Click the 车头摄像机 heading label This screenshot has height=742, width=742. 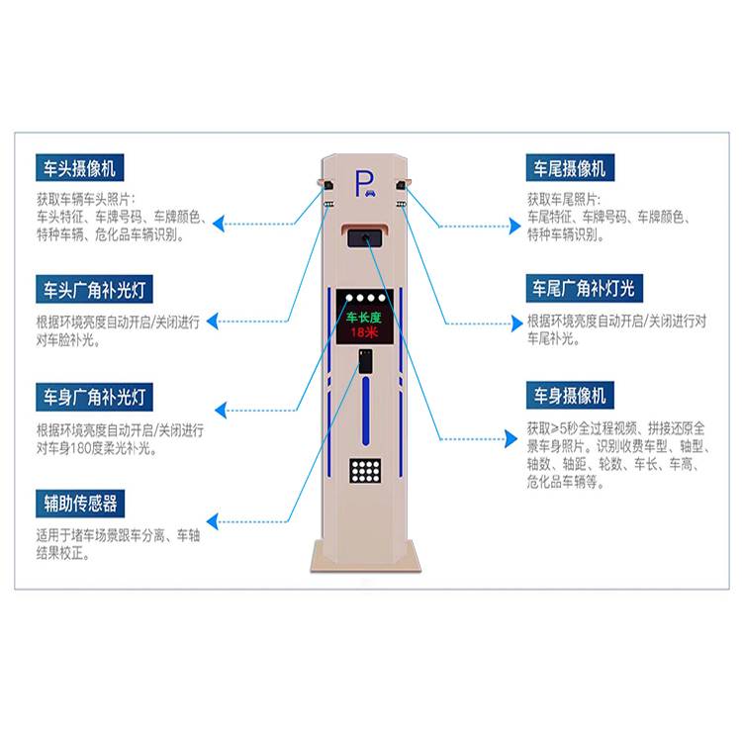[x=79, y=167]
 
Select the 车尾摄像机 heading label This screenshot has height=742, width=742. [x=570, y=167]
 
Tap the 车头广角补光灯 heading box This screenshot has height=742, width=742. [x=94, y=289]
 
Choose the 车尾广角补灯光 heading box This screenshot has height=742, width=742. [x=584, y=288]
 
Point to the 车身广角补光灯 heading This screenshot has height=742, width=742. [x=94, y=397]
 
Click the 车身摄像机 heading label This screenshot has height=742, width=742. [x=570, y=395]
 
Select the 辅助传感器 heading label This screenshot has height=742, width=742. [x=80, y=504]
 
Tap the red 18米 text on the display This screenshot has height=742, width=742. [x=364, y=332]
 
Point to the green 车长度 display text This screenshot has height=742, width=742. [x=363, y=317]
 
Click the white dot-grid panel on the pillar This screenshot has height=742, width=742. [x=365, y=470]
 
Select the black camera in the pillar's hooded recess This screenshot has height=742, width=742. [x=365, y=238]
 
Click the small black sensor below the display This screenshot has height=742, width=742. [x=365, y=361]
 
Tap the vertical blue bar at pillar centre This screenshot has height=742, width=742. [x=365, y=411]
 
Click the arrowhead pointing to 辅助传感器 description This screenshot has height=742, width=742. [x=213, y=521]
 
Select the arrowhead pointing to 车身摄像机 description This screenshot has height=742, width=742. [x=511, y=438]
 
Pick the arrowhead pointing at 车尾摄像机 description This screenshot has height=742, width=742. [x=514, y=227]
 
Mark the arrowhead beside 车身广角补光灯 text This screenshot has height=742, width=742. [x=221, y=410]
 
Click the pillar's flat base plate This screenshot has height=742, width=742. [x=365, y=557]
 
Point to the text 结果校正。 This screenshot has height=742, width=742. [x=63, y=553]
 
